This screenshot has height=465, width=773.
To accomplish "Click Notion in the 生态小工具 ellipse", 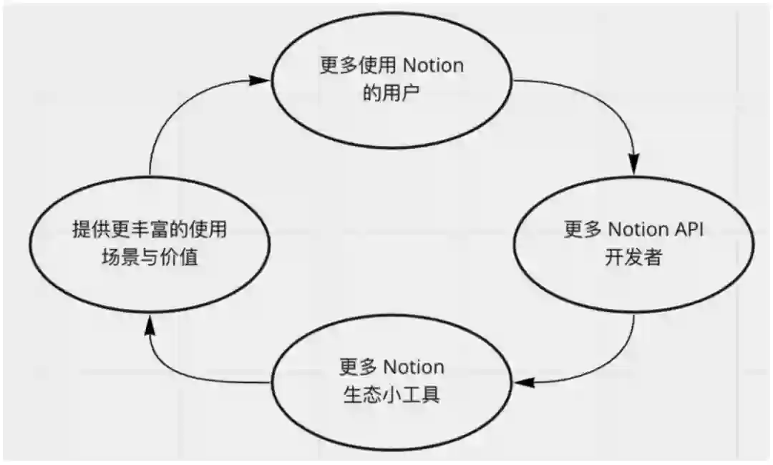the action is pos(414,368).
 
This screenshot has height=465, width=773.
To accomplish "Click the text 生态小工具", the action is pos(391,394).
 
